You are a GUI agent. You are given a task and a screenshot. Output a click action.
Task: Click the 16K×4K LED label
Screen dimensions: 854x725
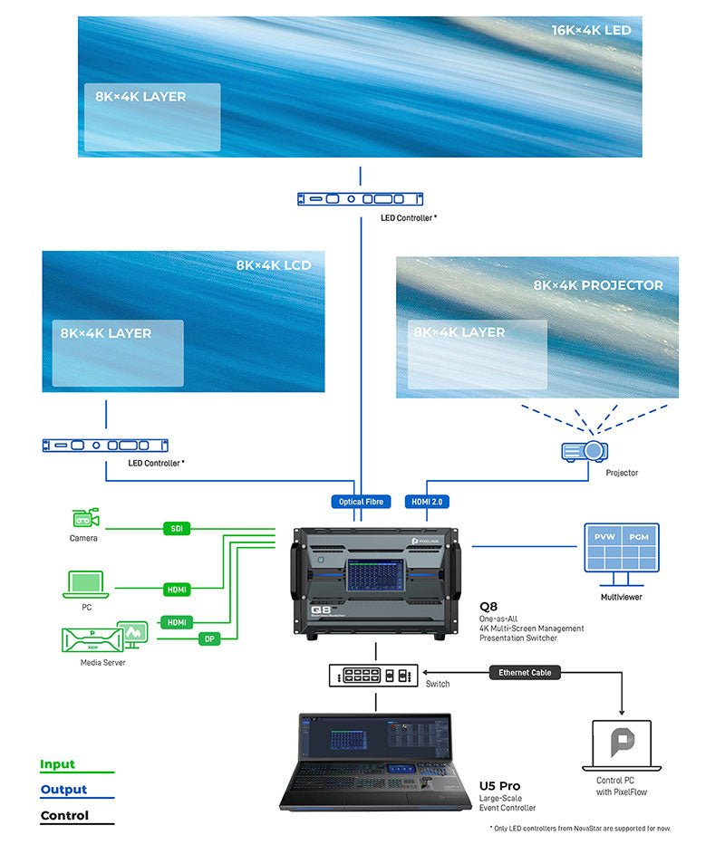coord(591,30)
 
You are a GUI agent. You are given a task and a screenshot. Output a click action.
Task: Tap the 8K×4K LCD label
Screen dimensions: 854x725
coord(273,265)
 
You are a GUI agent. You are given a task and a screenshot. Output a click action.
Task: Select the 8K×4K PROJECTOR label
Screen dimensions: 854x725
coord(598,285)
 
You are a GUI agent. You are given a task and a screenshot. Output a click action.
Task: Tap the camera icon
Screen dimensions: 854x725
coord(84,518)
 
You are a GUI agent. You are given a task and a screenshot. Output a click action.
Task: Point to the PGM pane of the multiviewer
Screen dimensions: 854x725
coord(639,537)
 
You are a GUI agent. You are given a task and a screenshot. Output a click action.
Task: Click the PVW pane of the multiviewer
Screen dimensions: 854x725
coord(604,537)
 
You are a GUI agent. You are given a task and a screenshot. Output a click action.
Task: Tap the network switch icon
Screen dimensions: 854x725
coord(374,676)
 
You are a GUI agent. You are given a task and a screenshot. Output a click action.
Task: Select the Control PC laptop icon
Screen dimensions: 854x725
coord(622,744)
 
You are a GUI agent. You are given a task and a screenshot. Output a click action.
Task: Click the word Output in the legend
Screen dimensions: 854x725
coord(63,790)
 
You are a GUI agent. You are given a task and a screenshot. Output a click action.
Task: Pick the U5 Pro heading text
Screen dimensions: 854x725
coord(499,785)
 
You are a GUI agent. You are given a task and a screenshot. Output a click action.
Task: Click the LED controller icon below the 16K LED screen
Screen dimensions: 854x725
coord(362,198)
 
